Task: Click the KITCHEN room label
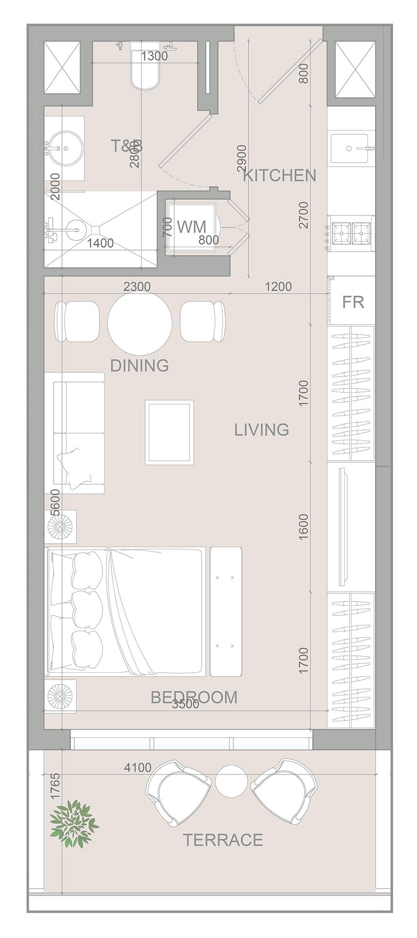[280, 175]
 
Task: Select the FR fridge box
[353, 301]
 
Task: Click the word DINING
[140, 365]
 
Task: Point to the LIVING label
[262, 429]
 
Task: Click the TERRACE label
[223, 840]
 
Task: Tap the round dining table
[140, 323]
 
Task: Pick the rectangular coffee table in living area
[169, 432]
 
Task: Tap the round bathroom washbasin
[64, 145]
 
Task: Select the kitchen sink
[350, 149]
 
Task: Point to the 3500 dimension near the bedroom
[186, 704]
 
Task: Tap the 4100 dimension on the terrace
[138, 767]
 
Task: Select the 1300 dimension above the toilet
[154, 56]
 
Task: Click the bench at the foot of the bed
[226, 611]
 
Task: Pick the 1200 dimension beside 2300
[278, 287]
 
